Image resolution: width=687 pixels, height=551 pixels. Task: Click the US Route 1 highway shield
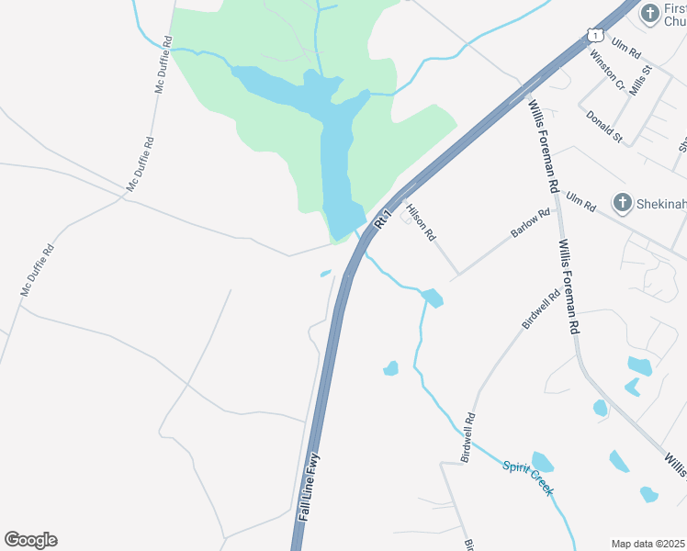point(594,35)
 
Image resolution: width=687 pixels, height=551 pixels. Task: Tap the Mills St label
point(640,83)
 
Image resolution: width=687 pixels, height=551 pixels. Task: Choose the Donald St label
point(604,127)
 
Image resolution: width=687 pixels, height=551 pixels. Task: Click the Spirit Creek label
point(528,478)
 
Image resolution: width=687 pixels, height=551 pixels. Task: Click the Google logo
point(30,540)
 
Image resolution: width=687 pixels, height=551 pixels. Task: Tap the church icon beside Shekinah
point(622,203)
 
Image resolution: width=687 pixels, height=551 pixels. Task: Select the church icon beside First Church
point(650,13)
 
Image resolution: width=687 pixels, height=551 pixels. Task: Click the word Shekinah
point(661,203)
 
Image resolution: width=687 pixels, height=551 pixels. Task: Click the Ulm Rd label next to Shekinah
point(576,200)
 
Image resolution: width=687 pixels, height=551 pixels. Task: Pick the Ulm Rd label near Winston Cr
point(628,49)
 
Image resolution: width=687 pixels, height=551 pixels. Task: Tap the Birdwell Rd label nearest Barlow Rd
point(541,311)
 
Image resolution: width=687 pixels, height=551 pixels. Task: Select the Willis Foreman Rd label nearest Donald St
point(544,144)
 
